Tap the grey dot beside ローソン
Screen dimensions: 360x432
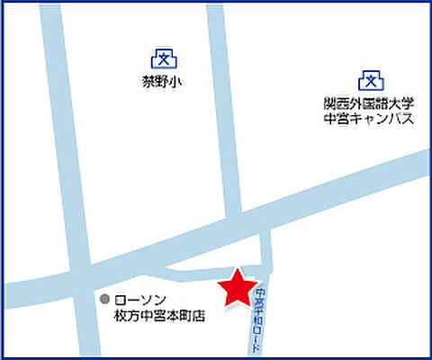pyautogui.click(x=105, y=299)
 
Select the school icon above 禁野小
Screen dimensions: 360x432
pyautogui.click(x=163, y=59)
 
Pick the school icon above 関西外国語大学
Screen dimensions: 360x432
pyautogui.click(x=367, y=80)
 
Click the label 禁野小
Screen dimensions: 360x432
pyautogui.click(x=162, y=83)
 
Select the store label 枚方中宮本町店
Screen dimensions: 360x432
pyautogui.click(x=159, y=316)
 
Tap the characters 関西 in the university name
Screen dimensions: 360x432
pyautogui.click(x=335, y=103)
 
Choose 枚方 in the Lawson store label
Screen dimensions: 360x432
pyautogui.click(x=125, y=316)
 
